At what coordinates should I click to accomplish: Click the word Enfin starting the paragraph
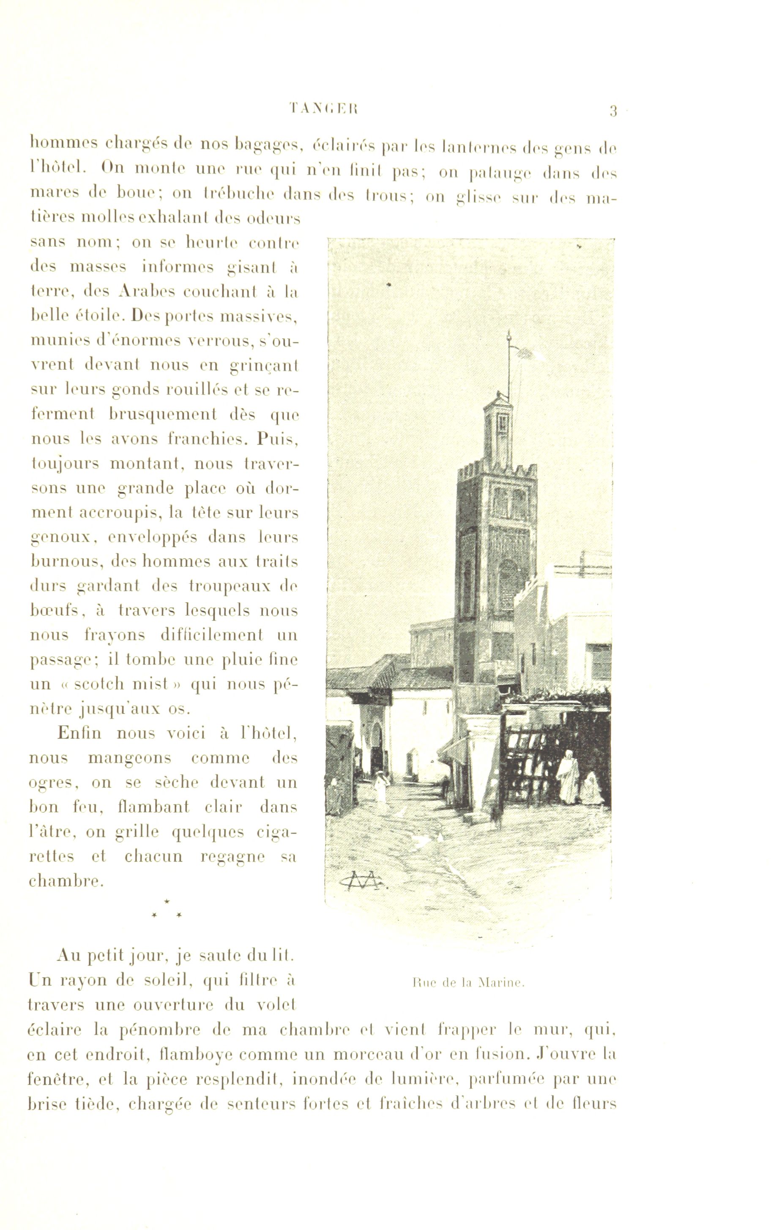pos(79,733)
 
